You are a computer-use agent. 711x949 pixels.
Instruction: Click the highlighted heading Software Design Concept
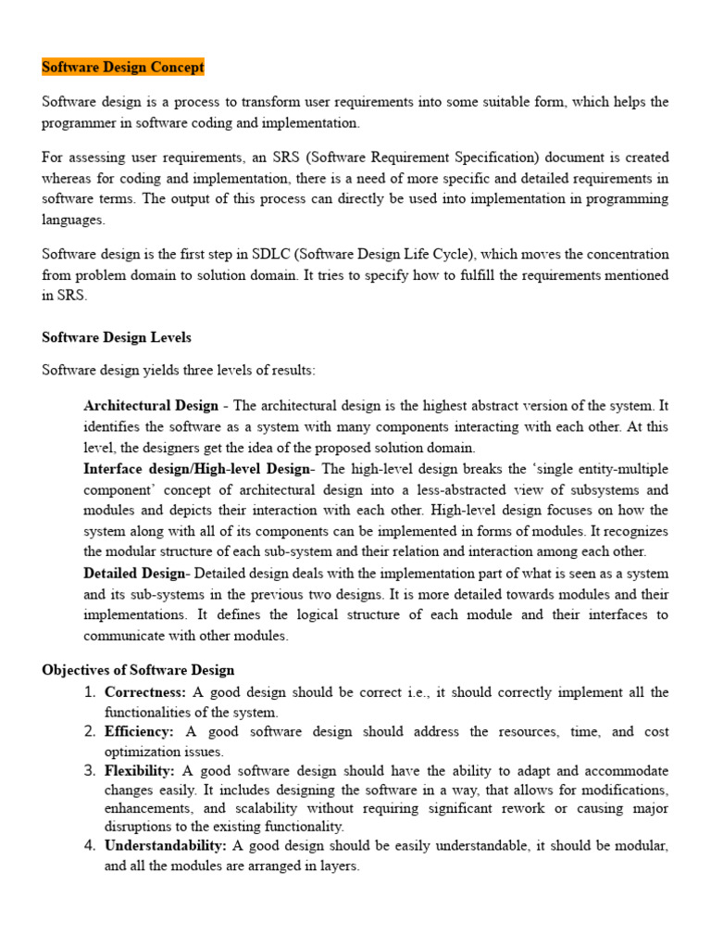point(123,68)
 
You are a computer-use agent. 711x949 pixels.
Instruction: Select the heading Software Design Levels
point(117,337)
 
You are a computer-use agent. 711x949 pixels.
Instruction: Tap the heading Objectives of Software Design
point(138,670)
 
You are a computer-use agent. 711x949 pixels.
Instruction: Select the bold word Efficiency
point(139,732)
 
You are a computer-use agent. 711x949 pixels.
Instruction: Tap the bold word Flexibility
point(140,771)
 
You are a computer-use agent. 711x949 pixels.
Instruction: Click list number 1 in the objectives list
point(90,692)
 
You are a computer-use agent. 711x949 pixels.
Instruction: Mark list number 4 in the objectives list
point(90,846)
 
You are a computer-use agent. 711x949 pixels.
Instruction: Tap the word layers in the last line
point(339,867)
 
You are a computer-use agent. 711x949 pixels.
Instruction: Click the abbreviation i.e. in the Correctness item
point(403,692)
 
